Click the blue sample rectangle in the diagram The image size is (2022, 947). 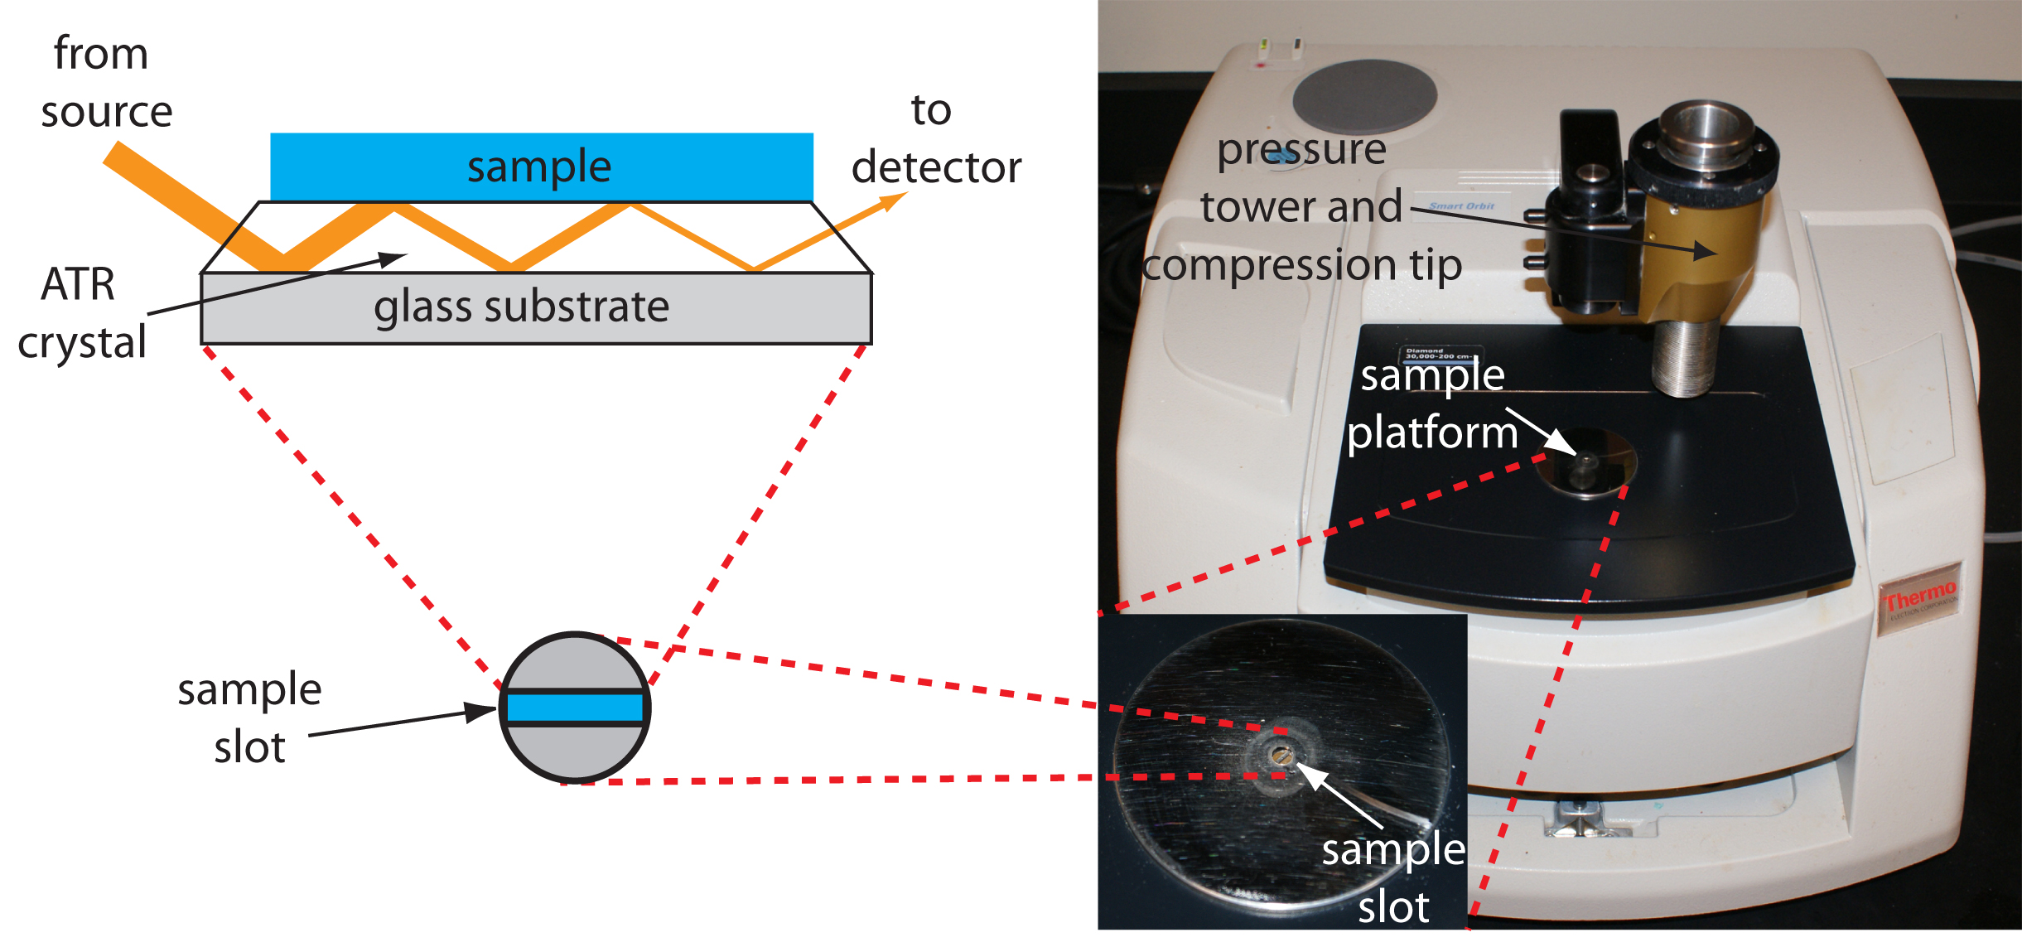[542, 167]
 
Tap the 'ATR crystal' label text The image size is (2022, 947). [80, 313]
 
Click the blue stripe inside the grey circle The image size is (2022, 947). [575, 708]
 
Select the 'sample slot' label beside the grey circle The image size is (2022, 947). [249, 717]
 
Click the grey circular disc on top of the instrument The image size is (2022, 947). [1364, 96]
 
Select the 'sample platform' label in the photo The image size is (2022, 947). [1432, 403]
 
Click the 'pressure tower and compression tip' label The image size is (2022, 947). [1301, 207]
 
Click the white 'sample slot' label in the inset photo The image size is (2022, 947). [1393, 878]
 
